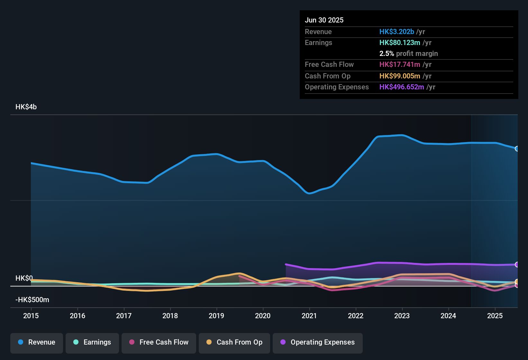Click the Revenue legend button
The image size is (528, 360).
[37, 342]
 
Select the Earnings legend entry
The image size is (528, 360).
[92, 342]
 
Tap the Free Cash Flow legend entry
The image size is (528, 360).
[159, 342]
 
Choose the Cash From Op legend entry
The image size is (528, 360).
[234, 342]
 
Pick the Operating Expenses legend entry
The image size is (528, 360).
[318, 342]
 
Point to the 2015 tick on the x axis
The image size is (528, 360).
[31, 316]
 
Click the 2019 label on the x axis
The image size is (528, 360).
[216, 316]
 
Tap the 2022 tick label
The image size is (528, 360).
[356, 316]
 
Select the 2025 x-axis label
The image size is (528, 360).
[495, 316]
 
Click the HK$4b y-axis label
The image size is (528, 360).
[26, 107]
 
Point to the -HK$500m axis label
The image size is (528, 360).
[32, 300]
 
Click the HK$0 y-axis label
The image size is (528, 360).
[24, 278]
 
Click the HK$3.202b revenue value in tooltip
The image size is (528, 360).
[397, 32]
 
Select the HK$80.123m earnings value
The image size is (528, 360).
[400, 42]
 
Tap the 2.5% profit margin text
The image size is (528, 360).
[408, 53]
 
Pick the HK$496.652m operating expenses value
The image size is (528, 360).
[402, 87]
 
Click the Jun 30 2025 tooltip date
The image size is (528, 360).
[324, 20]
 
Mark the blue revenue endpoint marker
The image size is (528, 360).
[517, 148]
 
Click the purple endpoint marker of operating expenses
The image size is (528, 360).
[517, 265]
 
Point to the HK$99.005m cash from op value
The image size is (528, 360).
[400, 76]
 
